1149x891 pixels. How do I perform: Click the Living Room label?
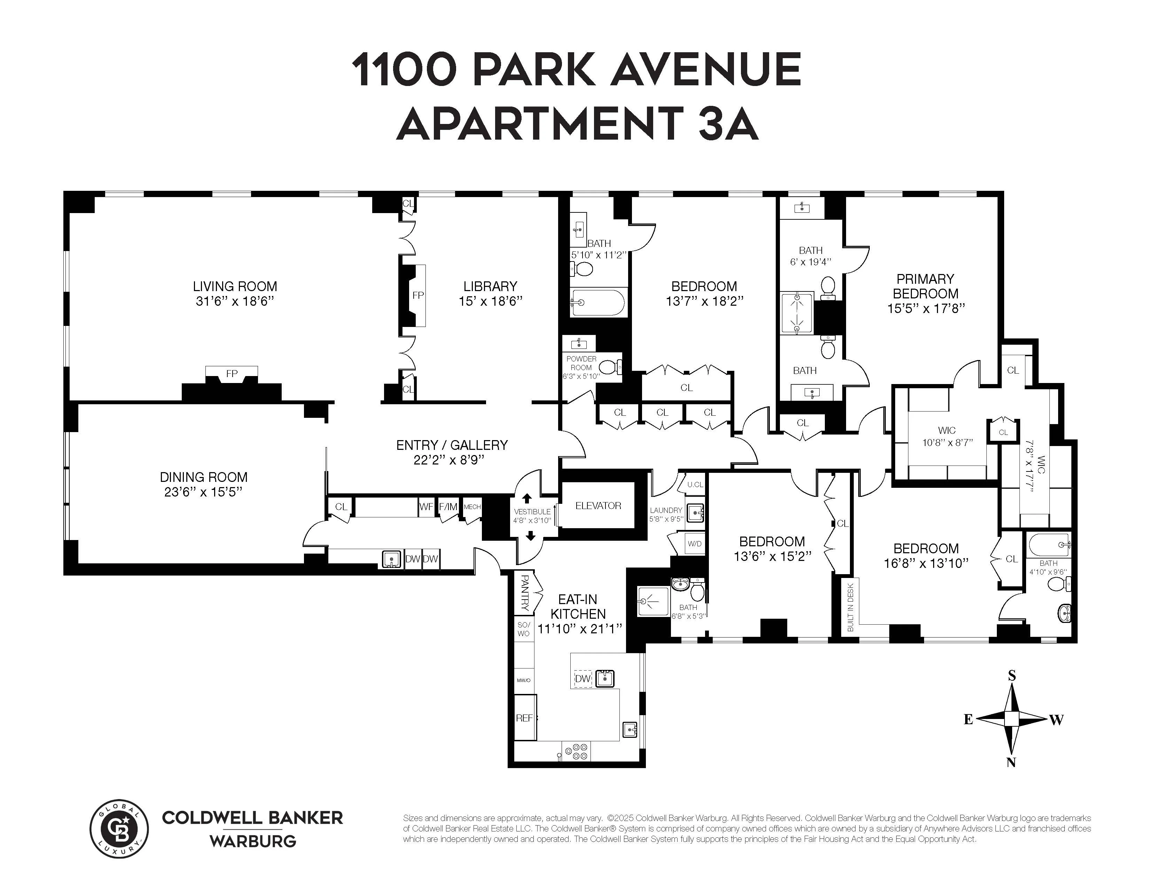click(x=235, y=287)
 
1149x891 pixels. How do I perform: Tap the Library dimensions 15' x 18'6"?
click(x=490, y=302)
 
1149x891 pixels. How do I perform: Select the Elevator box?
click(x=598, y=506)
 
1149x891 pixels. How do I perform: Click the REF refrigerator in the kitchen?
click(x=524, y=718)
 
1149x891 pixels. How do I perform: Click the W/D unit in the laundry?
click(x=695, y=544)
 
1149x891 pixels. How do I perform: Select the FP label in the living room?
click(x=232, y=374)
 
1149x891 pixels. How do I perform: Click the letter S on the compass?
click(x=1011, y=676)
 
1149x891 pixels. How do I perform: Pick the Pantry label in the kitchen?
click(x=524, y=592)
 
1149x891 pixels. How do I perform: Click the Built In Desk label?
click(x=851, y=608)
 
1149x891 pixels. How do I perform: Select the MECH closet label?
click(x=472, y=507)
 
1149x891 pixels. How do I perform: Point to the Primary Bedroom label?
click(x=925, y=286)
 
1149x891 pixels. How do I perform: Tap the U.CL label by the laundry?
click(x=695, y=484)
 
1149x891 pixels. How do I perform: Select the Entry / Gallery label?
click(x=452, y=446)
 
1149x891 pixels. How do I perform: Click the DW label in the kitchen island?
click(x=583, y=679)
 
